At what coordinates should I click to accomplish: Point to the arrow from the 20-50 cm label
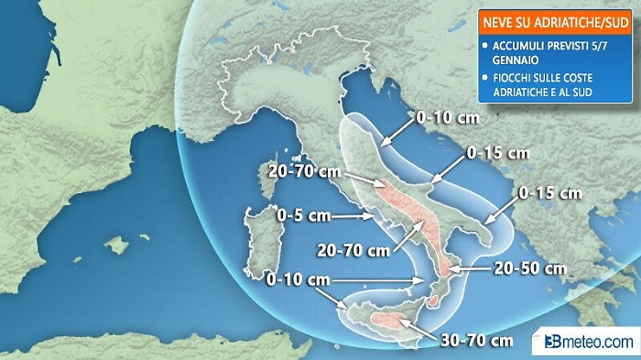click(466, 269)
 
